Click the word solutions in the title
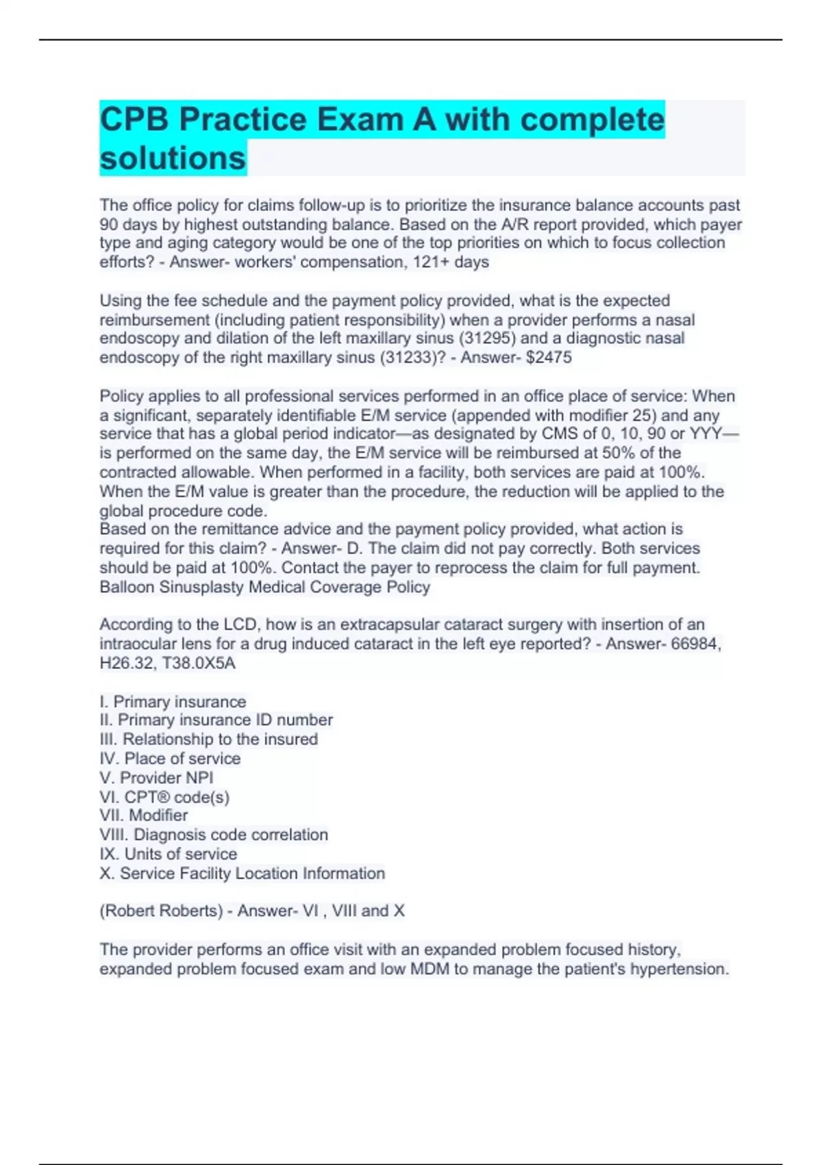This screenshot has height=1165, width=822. pos(173,158)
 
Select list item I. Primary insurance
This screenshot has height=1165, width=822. pos(173,702)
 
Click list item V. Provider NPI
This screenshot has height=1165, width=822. pos(156,778)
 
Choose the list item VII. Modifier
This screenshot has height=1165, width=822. pos(144,815)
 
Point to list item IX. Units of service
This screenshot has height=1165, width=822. pos(169,854)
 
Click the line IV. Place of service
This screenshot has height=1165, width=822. pos(170,759)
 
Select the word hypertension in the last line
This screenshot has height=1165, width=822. pos(679,969)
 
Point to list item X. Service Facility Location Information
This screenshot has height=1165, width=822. pos(242,873)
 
